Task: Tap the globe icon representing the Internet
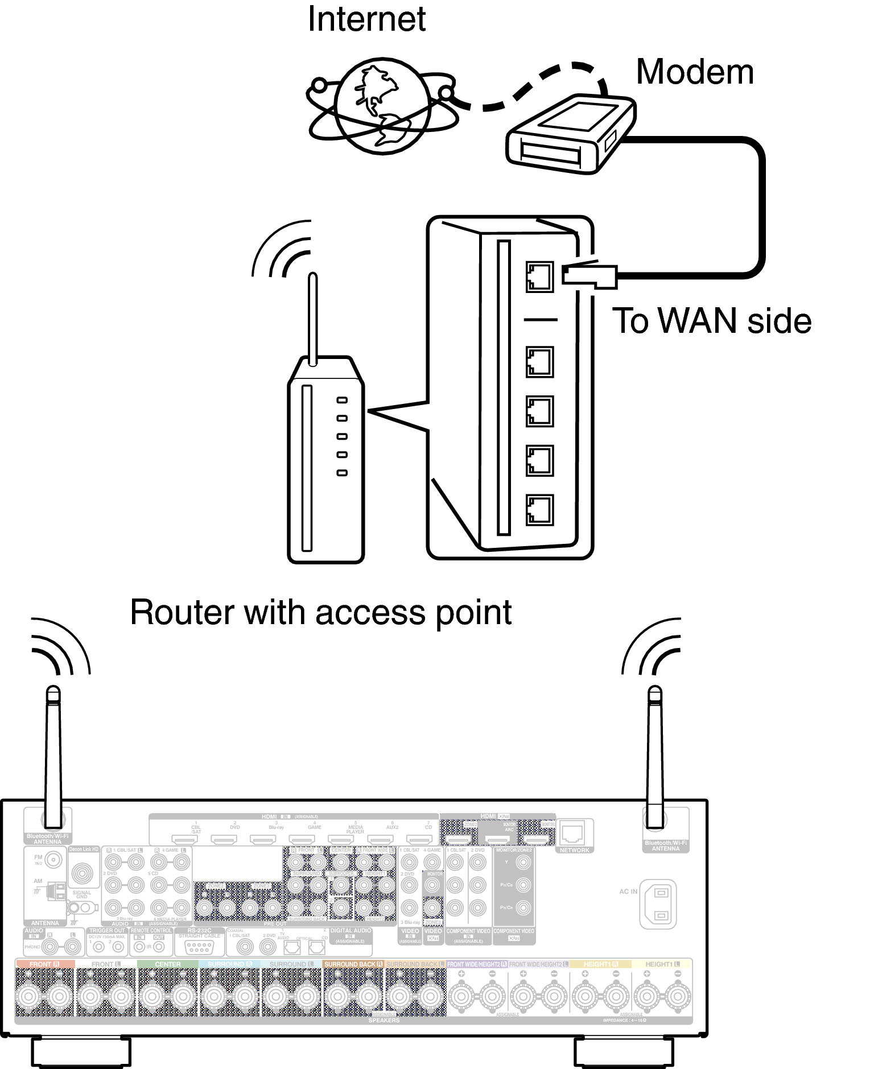coord(381,106)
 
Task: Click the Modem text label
coord(694,72)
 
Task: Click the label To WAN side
coord(711,321)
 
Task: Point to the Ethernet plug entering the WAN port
coord(589,276)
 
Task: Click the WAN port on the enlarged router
coord(539,277)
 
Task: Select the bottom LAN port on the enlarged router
coord(539,510)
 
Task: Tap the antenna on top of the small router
coord(312,319)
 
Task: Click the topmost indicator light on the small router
coord(342,400)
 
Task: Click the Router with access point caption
coord(320,613)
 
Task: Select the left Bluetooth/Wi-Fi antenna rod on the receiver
coord(53,757)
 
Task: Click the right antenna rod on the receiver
coord(655,757)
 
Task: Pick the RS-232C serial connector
coord(199,947)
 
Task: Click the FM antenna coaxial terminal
coord(53,860)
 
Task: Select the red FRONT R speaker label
coord(44,964)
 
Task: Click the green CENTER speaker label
coord(167,964)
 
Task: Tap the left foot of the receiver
coord(80,1052)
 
